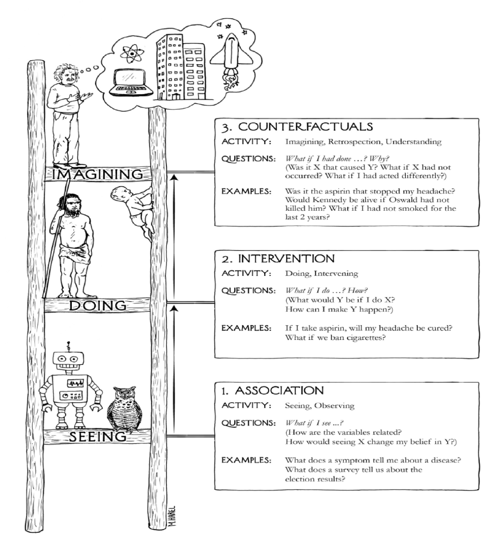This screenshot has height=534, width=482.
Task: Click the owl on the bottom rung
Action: pyautogui.click(x=123, y=409)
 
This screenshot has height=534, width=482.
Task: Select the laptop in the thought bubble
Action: pyautogui.click(x=131, y=83)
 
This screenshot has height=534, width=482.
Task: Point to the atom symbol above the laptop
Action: pyautogui.click(x=132, y=54)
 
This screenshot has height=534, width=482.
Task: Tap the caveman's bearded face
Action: pyautogui.click(x=71, y=205)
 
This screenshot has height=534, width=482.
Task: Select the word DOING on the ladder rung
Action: pyautogui.click(x=98, y=305)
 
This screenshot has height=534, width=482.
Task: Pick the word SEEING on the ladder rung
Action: pyautogui.click(x=98, y=436)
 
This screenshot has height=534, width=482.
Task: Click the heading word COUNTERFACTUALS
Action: pyautogui.click(x=305, y=127)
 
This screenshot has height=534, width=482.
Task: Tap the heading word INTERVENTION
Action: pyautogui.click(x=286, y=259)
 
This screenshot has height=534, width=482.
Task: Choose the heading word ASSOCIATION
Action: pyautogui.click(x=279, y=390)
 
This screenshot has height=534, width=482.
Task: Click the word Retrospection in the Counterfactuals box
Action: pyautogui.click(x=355, y=142)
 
